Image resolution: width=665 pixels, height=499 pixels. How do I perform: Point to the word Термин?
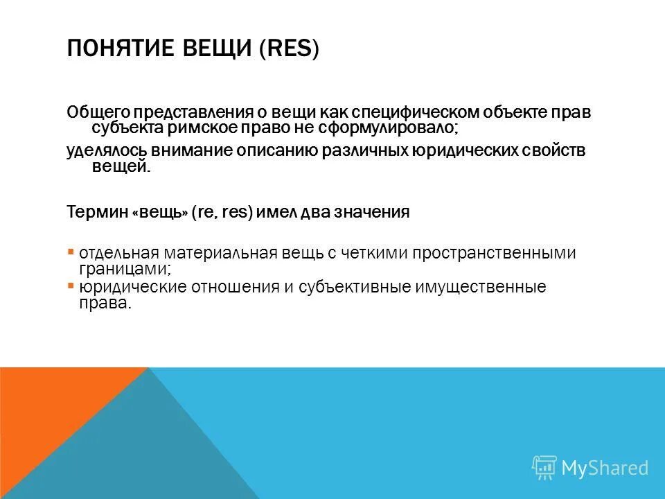pos(96,213)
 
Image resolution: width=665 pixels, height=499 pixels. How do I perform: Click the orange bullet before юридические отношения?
pos(71,285)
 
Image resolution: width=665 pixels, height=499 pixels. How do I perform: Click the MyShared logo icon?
pos(544,468)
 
